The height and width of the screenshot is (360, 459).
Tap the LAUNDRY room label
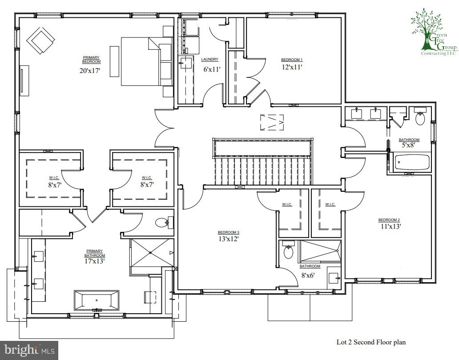[x=209, y=59]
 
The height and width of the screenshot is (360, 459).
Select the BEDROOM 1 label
[x=291, y=60]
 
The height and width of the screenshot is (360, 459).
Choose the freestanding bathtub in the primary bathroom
[x=97, y=300]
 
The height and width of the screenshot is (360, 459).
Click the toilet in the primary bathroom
[x=162, y=222]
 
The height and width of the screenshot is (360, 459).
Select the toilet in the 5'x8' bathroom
[x=420, y=117]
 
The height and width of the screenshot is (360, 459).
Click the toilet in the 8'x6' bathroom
[x=289, y=251]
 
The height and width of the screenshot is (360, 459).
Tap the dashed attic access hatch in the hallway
[x=272, y=122]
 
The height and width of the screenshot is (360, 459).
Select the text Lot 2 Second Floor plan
[x=371, y=343]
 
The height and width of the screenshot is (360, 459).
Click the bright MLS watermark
[x=29, y=350]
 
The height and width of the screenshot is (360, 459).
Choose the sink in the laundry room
[x=185, y=64]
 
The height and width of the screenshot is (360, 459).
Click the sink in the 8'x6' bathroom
[x=334, y=278]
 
